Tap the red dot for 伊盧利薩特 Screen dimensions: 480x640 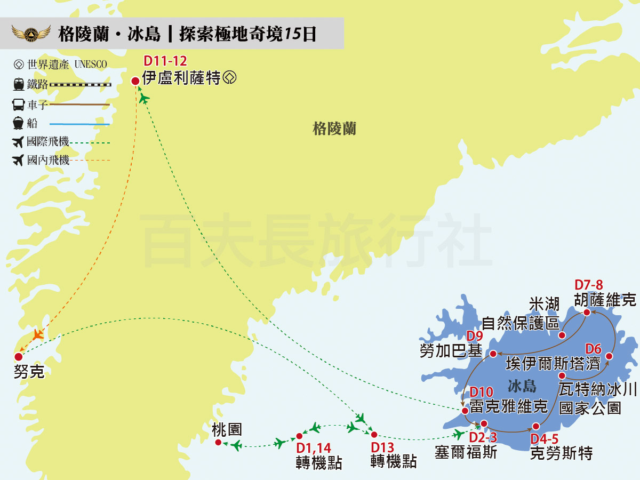pos(135,81)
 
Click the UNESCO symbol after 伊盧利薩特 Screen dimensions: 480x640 pos(230,78)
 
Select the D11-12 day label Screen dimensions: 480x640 pos(165,61)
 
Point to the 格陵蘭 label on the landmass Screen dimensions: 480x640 pos(334,129)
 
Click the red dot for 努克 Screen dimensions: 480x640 pos(19,357)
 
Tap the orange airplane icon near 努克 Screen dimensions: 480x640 pos(37,335)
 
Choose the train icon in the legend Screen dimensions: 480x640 pos(19,84)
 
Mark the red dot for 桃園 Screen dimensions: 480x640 pos(218,443)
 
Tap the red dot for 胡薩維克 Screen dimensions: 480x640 pos(586,313)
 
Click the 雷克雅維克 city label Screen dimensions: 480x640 pos(509,407)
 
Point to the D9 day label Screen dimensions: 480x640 pos(474,337)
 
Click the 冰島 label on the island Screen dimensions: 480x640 pos(522,386)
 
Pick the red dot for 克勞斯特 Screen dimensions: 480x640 pos(536,427)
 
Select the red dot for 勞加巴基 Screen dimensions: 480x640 pos(494,354)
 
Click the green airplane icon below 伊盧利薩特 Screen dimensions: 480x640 pos(144,99)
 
